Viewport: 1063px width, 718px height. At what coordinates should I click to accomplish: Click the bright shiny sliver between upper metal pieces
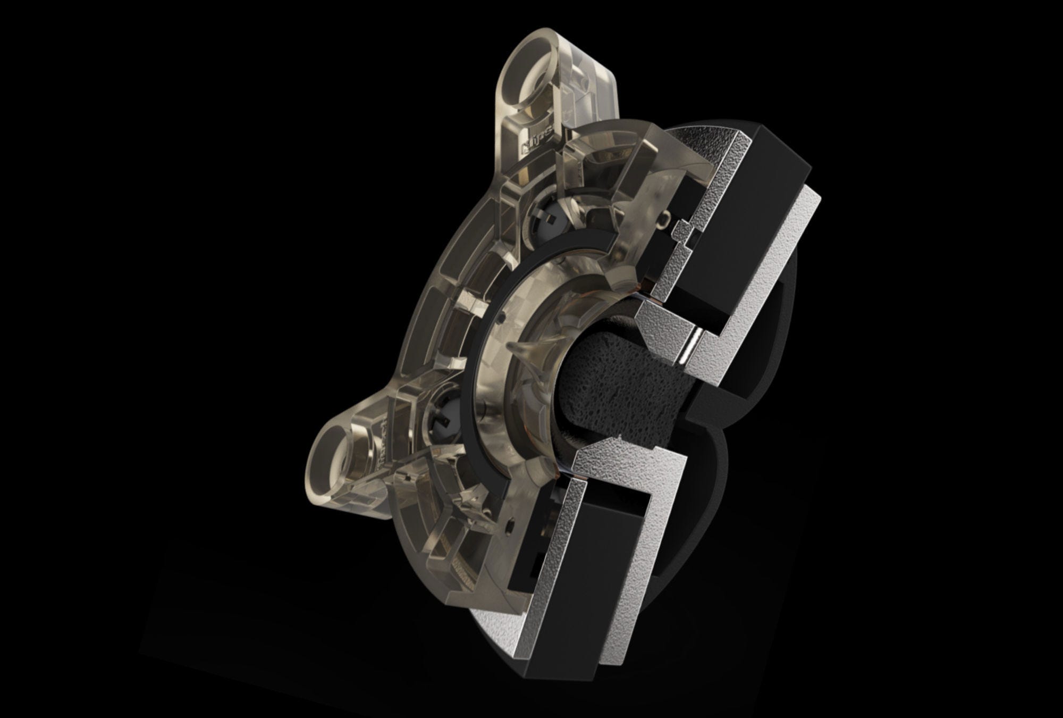(691, 348)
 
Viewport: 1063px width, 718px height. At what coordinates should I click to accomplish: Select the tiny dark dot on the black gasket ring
(501, 319)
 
